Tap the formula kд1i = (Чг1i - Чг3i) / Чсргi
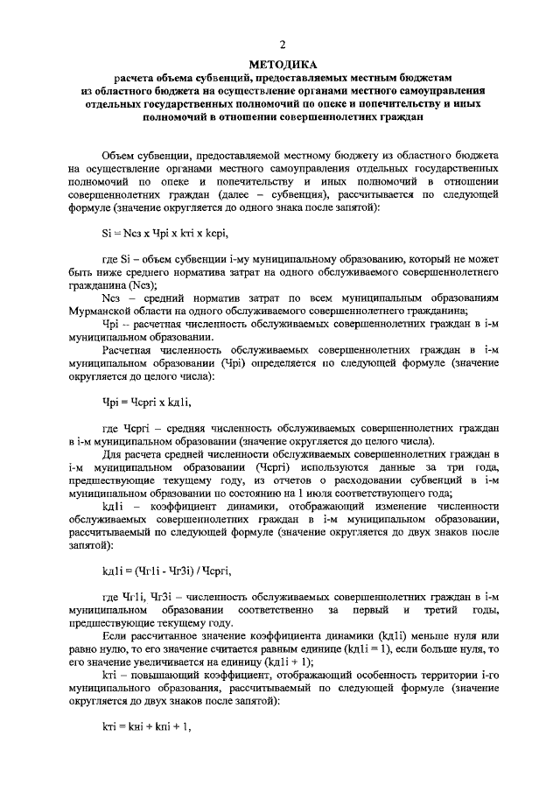click(x=166, y=571)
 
